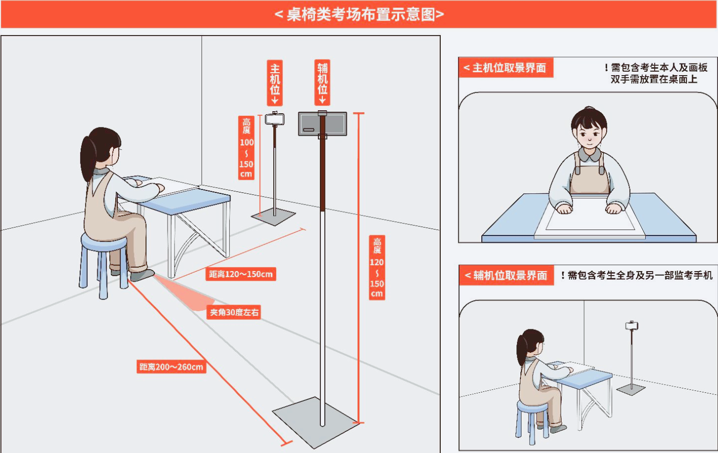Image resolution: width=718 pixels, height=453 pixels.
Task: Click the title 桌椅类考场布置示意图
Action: (x=359, y=15)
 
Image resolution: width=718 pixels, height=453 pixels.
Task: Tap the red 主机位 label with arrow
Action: (x=275, y=83)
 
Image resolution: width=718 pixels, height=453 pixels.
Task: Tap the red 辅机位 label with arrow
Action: (x=322, y=83)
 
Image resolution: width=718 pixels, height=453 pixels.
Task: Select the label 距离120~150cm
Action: (x=241, y=274)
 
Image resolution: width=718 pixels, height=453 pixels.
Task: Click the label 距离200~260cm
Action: (x=171, y=367)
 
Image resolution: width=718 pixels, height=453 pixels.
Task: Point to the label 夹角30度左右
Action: (x=234, y=312)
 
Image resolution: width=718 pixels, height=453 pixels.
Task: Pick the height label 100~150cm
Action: (x=246, y=148)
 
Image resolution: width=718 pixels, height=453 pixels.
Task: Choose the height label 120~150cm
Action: (x=377, y=268)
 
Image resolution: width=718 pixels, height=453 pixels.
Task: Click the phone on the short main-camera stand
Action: (x=275, y=119)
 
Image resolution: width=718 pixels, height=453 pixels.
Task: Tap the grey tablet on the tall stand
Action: (x=322, y=124)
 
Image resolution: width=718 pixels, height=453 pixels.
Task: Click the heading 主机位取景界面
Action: (x=505, y=68)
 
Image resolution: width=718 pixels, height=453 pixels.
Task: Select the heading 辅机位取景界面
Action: (x=506, y=275)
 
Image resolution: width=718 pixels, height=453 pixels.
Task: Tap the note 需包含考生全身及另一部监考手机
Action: (x=637, y=275)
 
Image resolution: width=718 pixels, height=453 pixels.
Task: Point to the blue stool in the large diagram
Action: (x=104, y=266)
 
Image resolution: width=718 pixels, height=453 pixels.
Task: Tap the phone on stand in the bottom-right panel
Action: (x=632, y=326)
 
